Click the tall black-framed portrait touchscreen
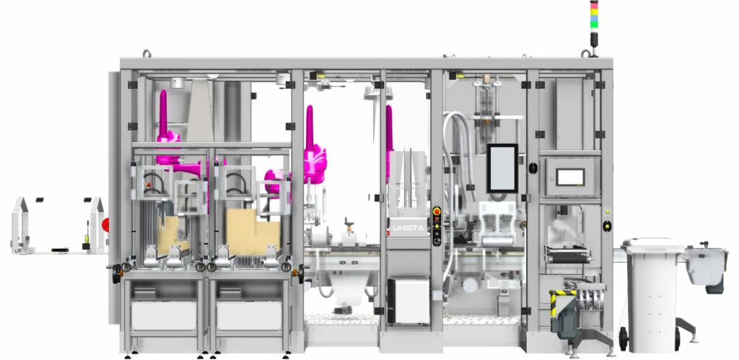(x=502, y=168)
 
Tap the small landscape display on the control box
(x=570, y=177)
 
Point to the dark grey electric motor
(x=567, y=320)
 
